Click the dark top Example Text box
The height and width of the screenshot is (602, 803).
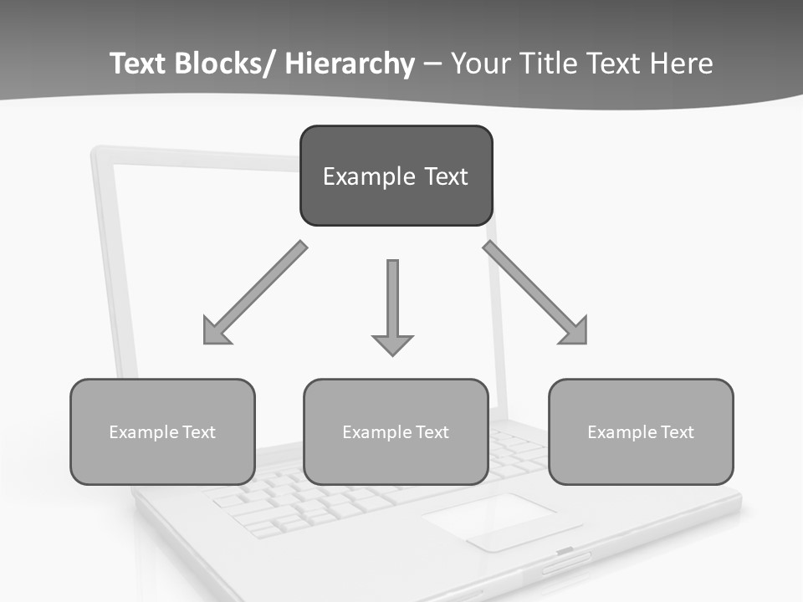pyautogui.click(x=396, y=176)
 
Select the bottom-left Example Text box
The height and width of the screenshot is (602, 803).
pyautogui.click(x=162, y=431)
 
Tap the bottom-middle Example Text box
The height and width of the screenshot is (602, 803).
pyautogui.click(x=396, y=431)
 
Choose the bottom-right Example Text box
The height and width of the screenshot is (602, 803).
pyautogui.click(x=641, y=431)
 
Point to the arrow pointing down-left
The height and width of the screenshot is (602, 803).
pyautogui.click(x=255, y=293)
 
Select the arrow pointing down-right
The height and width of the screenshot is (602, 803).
pyautogui.click(x=535, y=293)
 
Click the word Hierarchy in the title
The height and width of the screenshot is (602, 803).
pyautogui.click(x=350, y=64)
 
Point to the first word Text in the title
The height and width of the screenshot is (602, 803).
pyautogui.click(x=139, y=64)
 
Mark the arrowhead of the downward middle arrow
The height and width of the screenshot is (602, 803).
pyautogui.click(x=392, y=343)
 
